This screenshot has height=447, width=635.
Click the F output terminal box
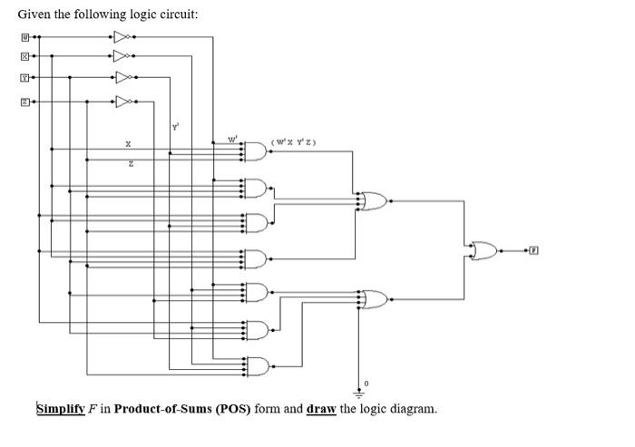535,248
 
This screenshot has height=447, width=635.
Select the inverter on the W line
123,38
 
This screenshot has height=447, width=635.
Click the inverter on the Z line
123,102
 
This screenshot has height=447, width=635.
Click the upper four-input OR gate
373,201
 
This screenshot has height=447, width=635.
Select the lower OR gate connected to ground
373,297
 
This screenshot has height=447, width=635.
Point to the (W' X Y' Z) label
292,141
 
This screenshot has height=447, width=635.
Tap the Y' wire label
174,126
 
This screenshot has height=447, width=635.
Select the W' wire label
232,139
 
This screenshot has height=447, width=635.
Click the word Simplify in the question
61,408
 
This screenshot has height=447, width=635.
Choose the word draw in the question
321,408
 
